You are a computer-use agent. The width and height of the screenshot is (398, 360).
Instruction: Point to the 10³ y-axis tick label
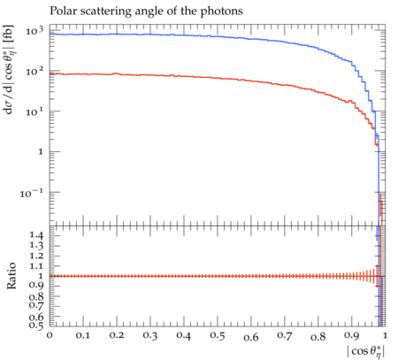click(x=34, y=31)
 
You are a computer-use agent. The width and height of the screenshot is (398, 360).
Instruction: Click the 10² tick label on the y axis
click(x=34, y=71)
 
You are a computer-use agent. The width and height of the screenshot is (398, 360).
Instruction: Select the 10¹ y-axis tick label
click(x=34, y=111)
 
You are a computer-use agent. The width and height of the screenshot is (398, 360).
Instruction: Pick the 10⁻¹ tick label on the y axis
click(x=31, y=193)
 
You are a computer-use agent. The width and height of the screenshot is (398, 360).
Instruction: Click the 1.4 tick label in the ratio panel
click(x=36, y=235)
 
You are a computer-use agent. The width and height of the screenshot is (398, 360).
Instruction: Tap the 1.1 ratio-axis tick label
click(x=36, y=266)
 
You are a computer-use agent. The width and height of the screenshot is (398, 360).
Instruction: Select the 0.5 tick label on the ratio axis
click(x=36, y=325)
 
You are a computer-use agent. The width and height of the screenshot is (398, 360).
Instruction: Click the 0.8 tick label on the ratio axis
click(x=36, y=296)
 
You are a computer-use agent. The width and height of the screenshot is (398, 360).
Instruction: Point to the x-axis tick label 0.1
click(x=83, y=335)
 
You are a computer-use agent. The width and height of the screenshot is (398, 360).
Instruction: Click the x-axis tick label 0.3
click(x=150, y=335)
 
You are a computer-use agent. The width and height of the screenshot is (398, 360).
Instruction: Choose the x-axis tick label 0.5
click(x=218, y=335)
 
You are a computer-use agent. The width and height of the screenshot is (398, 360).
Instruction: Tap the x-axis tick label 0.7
click(x=285, y=335)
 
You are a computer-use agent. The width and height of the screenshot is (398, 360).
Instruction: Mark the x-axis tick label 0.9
click(x=352, y=335)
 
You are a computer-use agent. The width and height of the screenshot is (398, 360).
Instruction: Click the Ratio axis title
click(x=11, y=275)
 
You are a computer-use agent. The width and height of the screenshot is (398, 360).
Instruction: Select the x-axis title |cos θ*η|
click(x=366, y=352)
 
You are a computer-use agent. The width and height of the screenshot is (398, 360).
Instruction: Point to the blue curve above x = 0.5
click(x=218, y=36)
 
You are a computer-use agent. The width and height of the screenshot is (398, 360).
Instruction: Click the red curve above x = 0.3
click(x=150, y=75)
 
